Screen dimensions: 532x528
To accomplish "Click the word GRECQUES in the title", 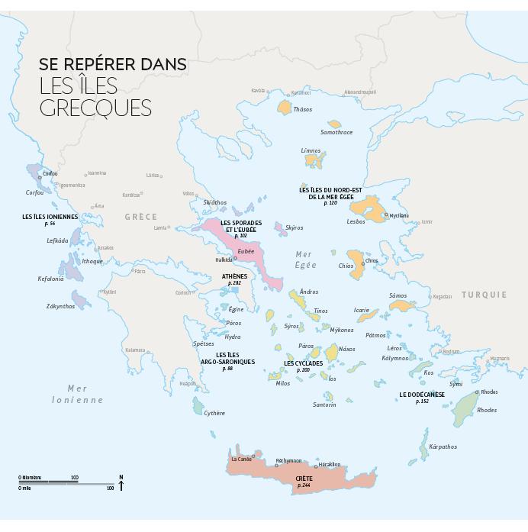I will pos(95,108).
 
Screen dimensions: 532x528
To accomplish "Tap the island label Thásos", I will pos(303,109).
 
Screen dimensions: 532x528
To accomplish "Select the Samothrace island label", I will pos(336,132).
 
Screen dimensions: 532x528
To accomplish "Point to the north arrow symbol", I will pos(121,482).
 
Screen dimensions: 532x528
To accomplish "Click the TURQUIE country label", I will pos(484,295).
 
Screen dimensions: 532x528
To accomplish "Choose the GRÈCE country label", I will pos(141,217).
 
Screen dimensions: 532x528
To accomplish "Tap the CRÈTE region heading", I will pos(304,479).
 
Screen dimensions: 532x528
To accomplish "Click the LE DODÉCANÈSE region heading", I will pos(422,395).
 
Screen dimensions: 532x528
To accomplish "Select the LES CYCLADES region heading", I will pos(303,363).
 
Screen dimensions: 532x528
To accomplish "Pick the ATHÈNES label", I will pos(234,276).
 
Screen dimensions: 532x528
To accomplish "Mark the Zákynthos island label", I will pos(60,306).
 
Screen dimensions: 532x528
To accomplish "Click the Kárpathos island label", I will pos(443,447).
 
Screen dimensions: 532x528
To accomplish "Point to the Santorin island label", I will pos(324,405).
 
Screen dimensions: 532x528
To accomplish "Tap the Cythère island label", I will pos(214,413).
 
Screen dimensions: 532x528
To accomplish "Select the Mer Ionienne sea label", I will pos(77,394).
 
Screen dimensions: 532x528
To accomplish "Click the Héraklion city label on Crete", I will pos(330,464).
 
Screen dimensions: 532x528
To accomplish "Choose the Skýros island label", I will pos(294,227).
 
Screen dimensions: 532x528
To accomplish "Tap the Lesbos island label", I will pos(356,221).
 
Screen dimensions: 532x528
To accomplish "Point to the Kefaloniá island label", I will pos(51,279).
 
